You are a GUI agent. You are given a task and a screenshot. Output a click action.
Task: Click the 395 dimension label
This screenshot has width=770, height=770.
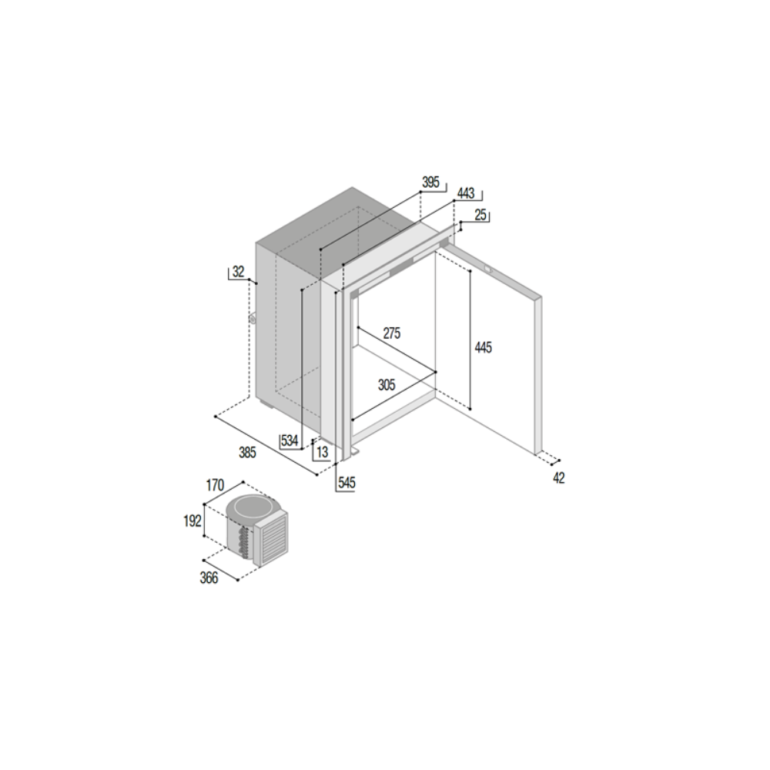(x=430, y=182)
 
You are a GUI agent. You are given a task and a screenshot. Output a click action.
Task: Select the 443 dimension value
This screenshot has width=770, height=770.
(x=466, y=193)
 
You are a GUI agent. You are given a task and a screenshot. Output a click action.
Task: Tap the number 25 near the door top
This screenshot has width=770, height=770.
(x=480, y=215)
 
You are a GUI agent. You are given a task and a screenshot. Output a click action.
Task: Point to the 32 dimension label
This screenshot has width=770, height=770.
(x=238, y=272)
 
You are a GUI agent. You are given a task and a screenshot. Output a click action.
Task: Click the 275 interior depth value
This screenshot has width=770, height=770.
(x=392, y=333)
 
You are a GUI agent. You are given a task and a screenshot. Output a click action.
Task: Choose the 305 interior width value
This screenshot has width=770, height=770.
(x=387, y=384)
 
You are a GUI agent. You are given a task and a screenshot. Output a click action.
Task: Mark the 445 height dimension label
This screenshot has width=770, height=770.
(x=484, y=348)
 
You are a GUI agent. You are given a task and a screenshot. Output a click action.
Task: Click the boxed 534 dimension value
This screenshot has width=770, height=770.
(x=290, y=440)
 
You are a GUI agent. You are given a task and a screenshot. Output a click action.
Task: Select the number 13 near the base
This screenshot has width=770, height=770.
(x=322, y=452)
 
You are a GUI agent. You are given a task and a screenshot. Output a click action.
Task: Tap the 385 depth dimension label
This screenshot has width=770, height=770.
(x=247, y=452)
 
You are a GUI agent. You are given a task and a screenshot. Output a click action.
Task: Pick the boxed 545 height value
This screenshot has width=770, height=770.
(x=346, y=483)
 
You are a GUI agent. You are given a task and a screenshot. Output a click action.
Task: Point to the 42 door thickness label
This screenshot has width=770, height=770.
(x=559, y=478)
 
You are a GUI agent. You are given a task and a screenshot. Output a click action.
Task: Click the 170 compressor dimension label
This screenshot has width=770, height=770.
(x=215, y=486)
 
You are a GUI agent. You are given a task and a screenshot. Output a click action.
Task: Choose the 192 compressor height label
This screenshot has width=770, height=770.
(x=192, y=521)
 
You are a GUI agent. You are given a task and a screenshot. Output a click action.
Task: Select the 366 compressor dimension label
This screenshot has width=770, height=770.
(x=209, y=578)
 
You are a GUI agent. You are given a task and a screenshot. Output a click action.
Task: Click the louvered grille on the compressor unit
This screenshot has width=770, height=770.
(x=271, y=537)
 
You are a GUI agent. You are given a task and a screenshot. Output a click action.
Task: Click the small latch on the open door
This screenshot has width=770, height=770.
(x=489, y=269)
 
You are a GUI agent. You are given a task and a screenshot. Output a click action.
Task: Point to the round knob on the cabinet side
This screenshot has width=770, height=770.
(x=253, y=319)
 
